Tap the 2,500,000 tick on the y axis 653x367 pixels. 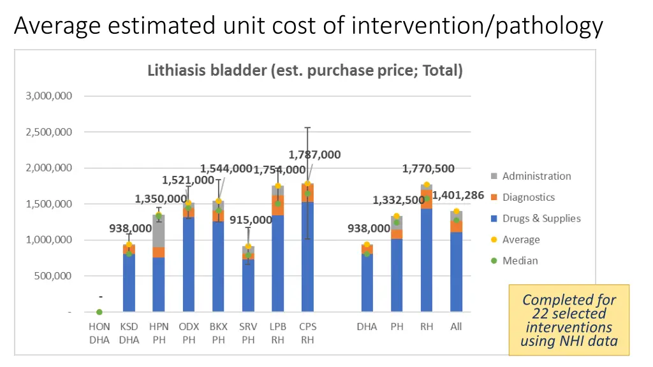click(48, 132)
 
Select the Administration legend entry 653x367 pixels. click(536, 176)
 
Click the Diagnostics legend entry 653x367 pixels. click(528, 197)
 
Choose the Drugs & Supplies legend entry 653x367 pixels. click(541, 218)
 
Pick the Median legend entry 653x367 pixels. click(520, 260)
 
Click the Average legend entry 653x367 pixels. click(521, 240)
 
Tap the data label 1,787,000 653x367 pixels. click(314, 155)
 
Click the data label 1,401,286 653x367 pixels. click(458, 195)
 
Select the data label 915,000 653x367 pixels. click(251, 220)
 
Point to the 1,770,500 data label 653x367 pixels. click(428, 169)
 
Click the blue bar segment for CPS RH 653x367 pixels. click(307, 261)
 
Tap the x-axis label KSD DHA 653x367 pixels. click(129, 333)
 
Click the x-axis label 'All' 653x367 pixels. click(456, 327)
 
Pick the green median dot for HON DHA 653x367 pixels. click(99, 312)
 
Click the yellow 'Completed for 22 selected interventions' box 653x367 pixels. click(569, 320)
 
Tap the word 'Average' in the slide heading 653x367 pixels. click(58, 26)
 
